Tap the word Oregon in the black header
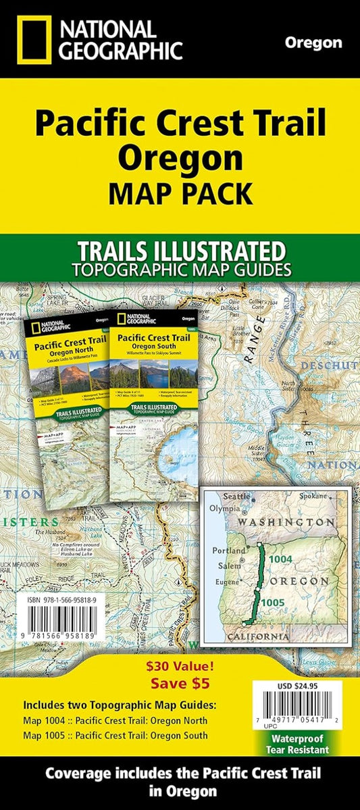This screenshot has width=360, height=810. (313, 43)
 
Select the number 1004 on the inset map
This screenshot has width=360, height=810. (280, 559)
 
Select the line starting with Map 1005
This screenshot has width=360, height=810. (116, 735)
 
